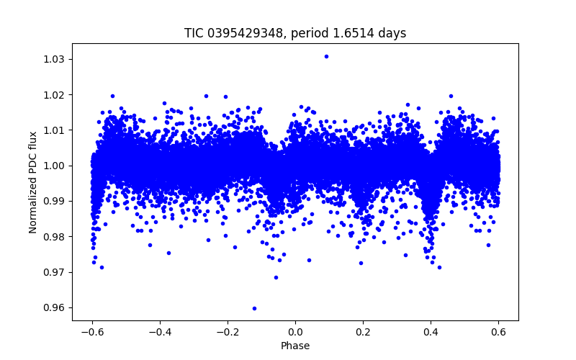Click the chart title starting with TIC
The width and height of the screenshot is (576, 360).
[295, 33]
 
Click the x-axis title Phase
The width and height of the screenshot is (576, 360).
[295, 346]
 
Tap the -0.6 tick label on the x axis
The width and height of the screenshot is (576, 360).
[92, 332]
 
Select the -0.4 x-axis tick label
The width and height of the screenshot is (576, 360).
[160, 332]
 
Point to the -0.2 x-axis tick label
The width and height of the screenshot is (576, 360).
[228, 332]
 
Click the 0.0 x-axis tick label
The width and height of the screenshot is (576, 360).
[295, 332]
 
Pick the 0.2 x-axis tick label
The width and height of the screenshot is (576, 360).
[363, 332]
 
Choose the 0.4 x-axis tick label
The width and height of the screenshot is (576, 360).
[431, 332]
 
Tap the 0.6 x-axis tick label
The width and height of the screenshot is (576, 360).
[498, 332]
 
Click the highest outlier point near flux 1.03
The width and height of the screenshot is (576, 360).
[326, 56]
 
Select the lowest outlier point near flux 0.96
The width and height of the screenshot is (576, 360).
[254, 308]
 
